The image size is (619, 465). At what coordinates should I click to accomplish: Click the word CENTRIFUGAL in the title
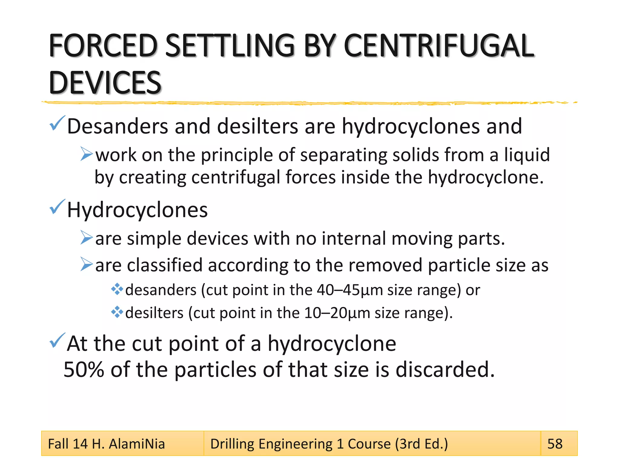[x=439, y=46]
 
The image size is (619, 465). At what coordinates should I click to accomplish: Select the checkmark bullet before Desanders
[x=57, y=124]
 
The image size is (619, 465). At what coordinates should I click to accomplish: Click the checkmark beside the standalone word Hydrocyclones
[x=57, y=207]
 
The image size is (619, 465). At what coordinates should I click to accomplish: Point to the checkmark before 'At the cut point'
[x=57, y=341]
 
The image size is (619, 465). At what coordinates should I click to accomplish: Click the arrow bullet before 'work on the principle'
[x=86, y=154]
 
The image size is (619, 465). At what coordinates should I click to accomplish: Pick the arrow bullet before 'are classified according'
[x=86, y=264]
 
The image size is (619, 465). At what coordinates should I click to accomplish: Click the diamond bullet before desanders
[x=117, y=289]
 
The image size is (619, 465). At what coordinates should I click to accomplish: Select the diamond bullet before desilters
[x=117, y=312]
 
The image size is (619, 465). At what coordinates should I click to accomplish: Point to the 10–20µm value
[x=337, y=313]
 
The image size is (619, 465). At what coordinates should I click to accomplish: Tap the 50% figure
[x=84, y=370]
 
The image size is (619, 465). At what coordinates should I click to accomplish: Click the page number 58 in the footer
[x=555, y=444]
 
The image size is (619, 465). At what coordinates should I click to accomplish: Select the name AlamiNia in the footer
[x=137, y=444]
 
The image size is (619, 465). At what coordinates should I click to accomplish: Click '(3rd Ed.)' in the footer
[x=421, y=444]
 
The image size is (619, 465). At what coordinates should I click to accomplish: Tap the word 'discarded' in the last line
[x=445, y=370]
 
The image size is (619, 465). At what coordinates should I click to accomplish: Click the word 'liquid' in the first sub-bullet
[x=527, y=155]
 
